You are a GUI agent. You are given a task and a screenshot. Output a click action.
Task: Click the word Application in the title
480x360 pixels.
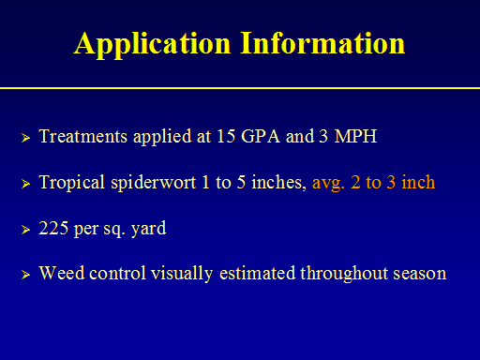coord(153,45)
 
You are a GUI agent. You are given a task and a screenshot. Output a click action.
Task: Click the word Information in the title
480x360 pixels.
coord(322,43)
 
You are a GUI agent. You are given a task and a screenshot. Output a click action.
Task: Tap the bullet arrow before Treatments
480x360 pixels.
coord(26,138)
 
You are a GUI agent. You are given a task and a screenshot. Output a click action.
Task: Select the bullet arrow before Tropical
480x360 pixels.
coord(26,184)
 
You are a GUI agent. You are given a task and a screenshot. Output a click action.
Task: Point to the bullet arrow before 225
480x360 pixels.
coord(26,230)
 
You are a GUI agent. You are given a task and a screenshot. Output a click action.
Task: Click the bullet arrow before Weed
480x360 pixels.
coord(26,275)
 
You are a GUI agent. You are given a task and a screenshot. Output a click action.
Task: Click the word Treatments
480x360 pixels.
coord(83,136)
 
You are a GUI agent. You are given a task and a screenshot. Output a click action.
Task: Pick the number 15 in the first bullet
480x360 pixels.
coord(226,136)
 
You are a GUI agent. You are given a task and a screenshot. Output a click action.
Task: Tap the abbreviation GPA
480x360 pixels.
coord(261,136)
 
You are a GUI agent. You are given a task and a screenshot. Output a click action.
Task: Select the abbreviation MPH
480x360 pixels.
coord(355,136)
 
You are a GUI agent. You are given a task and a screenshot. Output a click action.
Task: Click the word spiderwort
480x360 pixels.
coord(154,183)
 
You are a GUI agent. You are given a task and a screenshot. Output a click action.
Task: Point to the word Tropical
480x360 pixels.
coord(72,183)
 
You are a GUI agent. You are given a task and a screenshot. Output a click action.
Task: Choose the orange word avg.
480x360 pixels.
coord(328,184)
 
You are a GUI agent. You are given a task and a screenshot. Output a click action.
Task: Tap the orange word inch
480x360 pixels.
coord(418,182)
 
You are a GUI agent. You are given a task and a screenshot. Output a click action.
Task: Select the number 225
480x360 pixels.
coord(53,228)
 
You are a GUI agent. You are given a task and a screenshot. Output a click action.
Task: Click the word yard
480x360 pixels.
coord(149,229)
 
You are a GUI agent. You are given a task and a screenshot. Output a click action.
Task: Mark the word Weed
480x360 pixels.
coord(62,273)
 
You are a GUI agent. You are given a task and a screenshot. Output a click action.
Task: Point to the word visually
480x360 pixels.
coord(182,274)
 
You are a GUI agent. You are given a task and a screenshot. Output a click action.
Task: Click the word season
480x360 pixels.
coord(420,274)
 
